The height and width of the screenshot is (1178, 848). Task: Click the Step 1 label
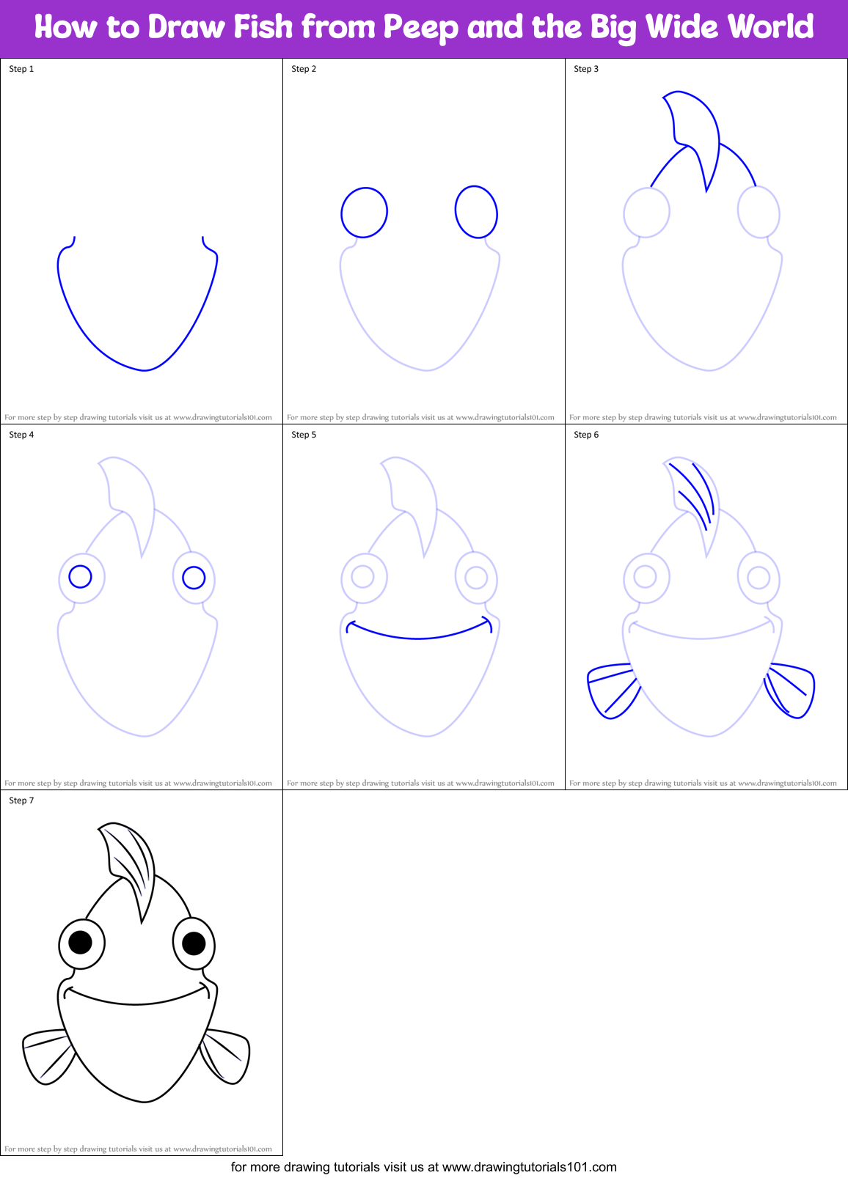coord(21,69)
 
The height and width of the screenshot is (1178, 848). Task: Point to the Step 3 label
coord(586,69)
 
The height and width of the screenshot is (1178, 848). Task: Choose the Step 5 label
coord(304,435)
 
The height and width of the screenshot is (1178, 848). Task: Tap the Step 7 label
coord(21,800)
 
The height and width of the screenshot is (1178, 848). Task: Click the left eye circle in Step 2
coord(364,213)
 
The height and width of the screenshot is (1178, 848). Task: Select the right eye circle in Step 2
coord(476,212)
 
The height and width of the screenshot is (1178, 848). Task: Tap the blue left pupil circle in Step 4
coord(80,576)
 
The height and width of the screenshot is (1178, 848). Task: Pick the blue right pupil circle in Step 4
coord(194,578)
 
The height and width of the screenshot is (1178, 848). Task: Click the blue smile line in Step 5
coord(418,637)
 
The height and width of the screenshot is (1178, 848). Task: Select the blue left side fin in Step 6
coord(611,689)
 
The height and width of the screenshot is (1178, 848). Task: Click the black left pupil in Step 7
coord(80,941)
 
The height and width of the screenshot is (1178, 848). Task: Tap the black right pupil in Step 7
coord(194,943)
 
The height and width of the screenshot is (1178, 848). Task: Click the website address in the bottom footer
coord(529,1167)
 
